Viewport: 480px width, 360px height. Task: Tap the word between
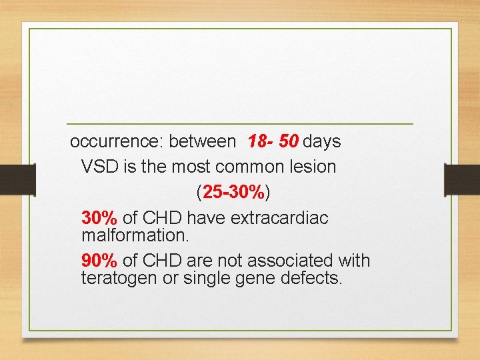202,142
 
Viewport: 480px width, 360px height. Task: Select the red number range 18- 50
273,142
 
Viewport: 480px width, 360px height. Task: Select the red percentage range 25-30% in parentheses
233,193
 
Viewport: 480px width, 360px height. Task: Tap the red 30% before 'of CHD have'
99,218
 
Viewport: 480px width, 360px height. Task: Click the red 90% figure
99,261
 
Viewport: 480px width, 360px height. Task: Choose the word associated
291,261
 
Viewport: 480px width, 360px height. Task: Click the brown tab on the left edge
17,180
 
